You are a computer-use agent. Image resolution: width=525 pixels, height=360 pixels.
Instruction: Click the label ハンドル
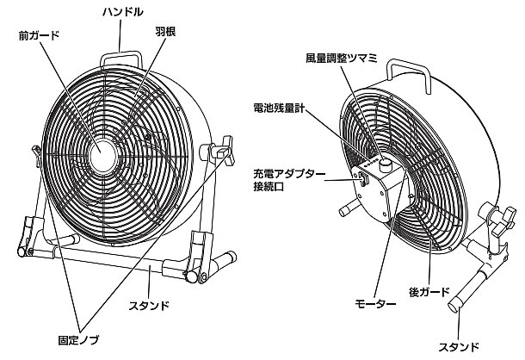pos(123,12)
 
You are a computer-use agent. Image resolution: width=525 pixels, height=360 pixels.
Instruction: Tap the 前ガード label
pos(35,36)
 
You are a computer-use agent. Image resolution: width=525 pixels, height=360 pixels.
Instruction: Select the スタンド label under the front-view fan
pos(148,305)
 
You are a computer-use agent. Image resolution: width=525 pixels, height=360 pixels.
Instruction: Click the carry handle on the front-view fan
pos(124,53)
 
